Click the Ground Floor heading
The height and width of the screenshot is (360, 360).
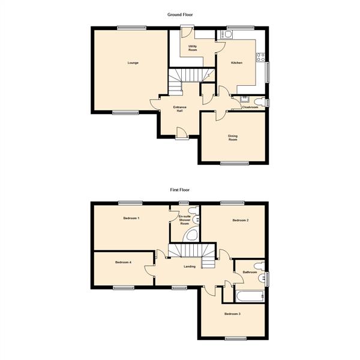180,13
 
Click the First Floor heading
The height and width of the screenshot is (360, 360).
180,189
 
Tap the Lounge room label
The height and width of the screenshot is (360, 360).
133,62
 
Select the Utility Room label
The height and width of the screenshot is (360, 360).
193,48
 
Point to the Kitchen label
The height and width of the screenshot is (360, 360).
237,62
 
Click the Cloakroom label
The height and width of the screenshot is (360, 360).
250,107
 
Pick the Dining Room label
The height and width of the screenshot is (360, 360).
233,137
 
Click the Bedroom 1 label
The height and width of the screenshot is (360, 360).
131,218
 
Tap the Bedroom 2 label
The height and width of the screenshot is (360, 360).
241,221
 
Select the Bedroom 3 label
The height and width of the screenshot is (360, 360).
232,314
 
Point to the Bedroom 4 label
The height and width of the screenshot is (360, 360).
123,262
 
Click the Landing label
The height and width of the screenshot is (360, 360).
190,267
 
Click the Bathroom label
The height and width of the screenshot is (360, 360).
250,272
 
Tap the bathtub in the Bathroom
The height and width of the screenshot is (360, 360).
248,296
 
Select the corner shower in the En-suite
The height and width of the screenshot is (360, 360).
192,235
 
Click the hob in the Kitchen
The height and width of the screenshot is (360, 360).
261,58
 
